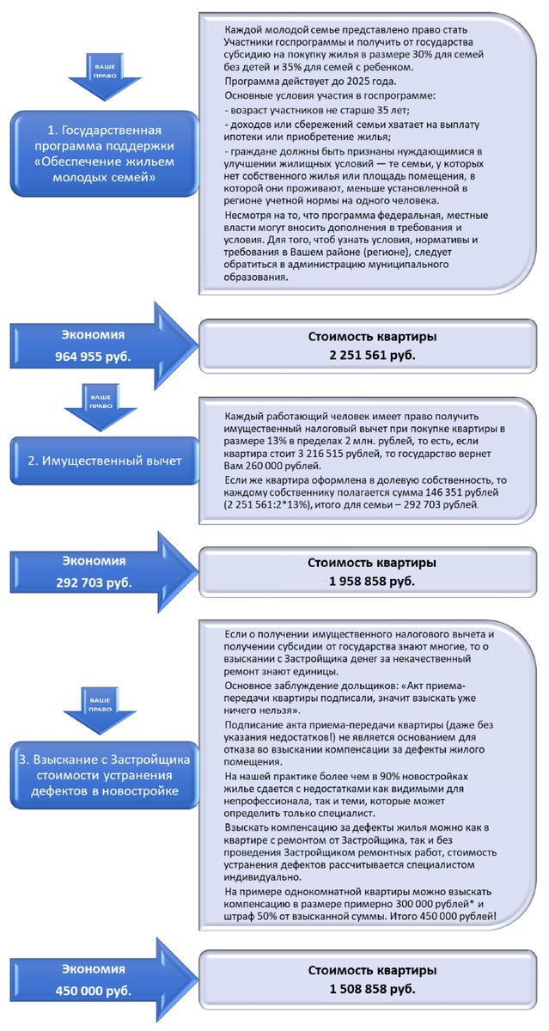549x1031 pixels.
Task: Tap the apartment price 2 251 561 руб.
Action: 372,354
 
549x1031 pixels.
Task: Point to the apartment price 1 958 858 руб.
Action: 372,582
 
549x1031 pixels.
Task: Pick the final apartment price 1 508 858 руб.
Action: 372,990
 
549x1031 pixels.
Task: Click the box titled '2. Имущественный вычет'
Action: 104,461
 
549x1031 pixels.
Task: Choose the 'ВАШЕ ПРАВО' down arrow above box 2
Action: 104,400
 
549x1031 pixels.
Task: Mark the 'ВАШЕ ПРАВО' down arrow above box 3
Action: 104,707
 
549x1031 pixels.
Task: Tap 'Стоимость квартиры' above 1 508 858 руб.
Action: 372,970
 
